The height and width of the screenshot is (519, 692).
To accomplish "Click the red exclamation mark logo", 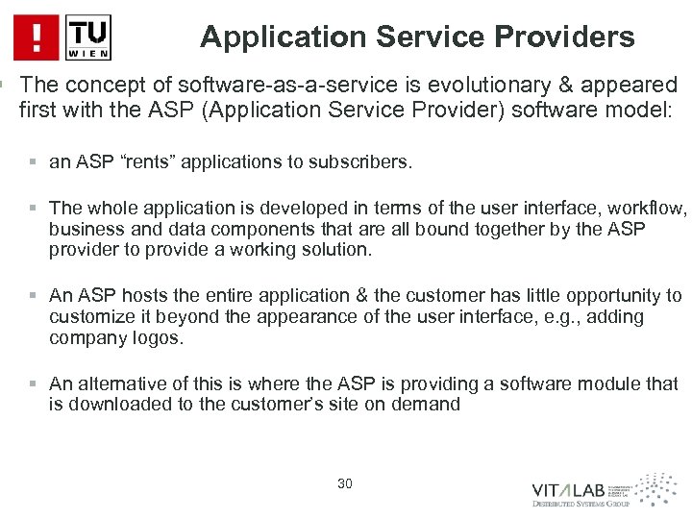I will coord(37,37).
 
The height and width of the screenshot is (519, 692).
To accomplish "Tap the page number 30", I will coord(346,482).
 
